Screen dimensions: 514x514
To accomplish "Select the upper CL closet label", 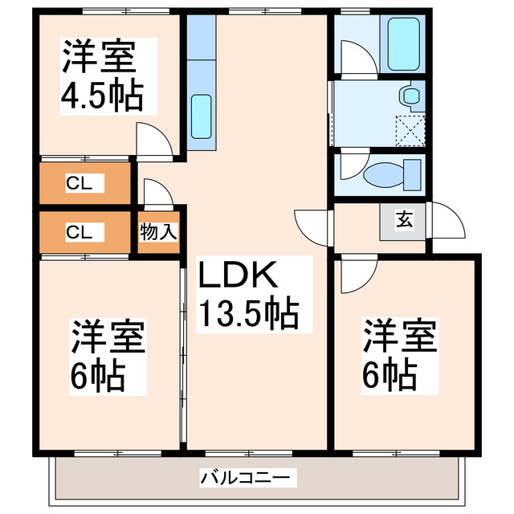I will pos(80,183).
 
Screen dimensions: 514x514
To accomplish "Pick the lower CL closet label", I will pos(80,233).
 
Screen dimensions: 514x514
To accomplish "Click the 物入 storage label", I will pos(158,233).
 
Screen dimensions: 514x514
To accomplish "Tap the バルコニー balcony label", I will pos(249,478).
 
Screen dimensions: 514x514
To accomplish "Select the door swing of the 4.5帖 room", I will pos(153,141).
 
